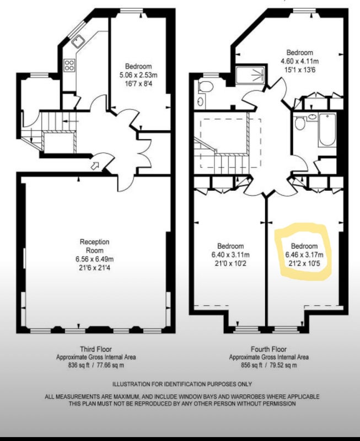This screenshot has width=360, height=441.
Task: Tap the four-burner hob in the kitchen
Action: click(x=69, y=65)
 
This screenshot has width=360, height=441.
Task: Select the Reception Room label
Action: click(x=94, y=246)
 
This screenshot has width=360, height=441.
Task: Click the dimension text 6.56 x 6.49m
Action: click(x=94, y=259)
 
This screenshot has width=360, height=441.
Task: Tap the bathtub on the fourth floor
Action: click(x=327, y=130)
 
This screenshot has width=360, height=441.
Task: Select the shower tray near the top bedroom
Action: click(x=250, y=75)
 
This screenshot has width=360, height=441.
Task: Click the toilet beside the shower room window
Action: click(x=205, y=87)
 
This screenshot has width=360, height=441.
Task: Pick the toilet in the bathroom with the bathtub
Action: click(x=300, y=123)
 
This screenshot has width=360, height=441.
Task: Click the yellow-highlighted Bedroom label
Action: click(x=304, y=246)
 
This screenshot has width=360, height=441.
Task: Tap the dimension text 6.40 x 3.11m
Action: click(x=230, y=255)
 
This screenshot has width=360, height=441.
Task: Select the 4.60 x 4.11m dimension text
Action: click(x=300, y=61)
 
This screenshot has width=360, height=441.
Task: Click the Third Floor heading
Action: click(x=96, y=349)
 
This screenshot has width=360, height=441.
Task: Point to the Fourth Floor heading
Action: click(x=268, y=349)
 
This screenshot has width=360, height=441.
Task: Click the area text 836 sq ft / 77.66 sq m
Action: click(x=96, y=365)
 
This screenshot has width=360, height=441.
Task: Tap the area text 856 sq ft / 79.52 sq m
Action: click(x=268, y=365)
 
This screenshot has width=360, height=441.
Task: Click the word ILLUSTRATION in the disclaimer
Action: click(x=131, y=384)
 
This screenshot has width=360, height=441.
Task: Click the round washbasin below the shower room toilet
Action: click(x=201, y=101)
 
